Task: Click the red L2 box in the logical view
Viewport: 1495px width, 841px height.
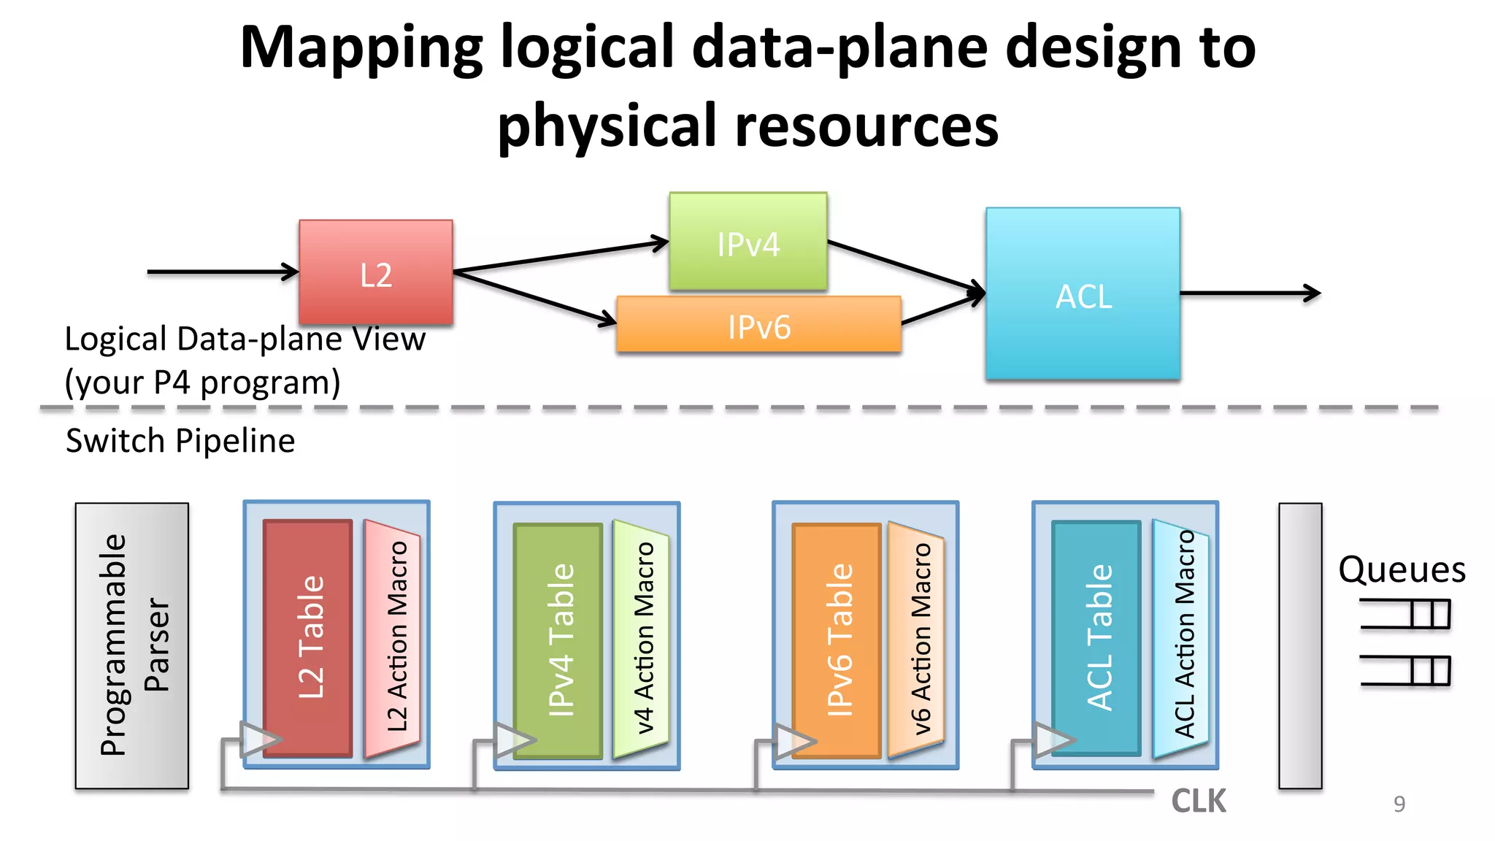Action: (375, 272)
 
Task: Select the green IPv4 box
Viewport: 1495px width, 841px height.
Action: (747, 242)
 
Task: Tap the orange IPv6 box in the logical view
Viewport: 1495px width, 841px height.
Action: (758, 325)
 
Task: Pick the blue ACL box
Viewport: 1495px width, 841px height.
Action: (1083, 293)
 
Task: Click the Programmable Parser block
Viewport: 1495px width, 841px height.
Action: (132, 645)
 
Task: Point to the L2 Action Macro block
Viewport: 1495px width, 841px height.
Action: (393, 638)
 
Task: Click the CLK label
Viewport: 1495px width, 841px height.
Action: (1198, 801)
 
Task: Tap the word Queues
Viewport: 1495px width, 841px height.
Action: (1401, 569)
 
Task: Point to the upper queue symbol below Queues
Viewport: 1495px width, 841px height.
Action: (1404, 613)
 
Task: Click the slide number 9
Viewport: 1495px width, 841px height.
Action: (1399, 804)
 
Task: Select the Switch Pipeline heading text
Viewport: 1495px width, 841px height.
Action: (180, 441)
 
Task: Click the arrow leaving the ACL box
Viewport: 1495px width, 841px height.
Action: (1250, 293)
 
